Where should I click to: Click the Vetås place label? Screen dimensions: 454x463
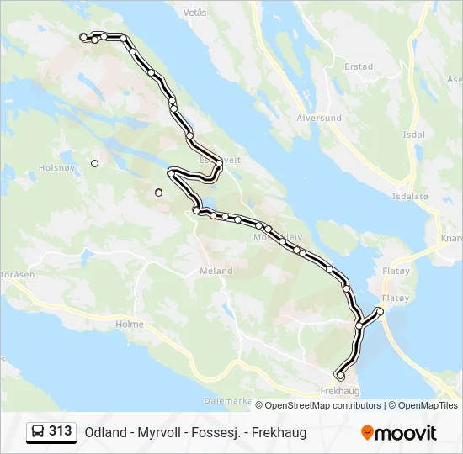194,13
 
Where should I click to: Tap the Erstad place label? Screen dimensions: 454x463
359,66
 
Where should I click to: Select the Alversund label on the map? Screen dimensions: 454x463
319,119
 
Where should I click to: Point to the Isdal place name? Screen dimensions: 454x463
413,135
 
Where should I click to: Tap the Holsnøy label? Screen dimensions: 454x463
56,167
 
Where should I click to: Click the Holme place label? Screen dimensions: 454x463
130,324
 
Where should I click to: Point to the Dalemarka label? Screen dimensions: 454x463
229,401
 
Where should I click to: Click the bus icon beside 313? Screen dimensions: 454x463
38,432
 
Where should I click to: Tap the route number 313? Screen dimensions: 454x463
61,432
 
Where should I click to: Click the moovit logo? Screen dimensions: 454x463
399,433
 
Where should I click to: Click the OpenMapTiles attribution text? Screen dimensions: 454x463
428,405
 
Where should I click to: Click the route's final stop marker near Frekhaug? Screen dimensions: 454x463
340,376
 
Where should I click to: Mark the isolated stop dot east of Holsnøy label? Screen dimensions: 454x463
95,163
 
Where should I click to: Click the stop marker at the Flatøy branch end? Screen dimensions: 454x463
380,312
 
